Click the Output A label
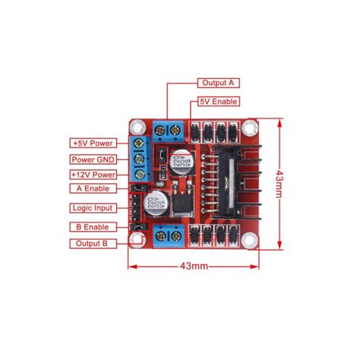tap(219, 83)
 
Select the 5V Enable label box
tap(219, 101)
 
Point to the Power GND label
tap(92, 159)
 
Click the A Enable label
tap(92, 188)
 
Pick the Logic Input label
tap(92, 207)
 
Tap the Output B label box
tap(92, 243)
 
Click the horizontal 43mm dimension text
tap(195, 266)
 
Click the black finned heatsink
tap(232, 182)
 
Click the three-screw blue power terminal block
tap(138, 159)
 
